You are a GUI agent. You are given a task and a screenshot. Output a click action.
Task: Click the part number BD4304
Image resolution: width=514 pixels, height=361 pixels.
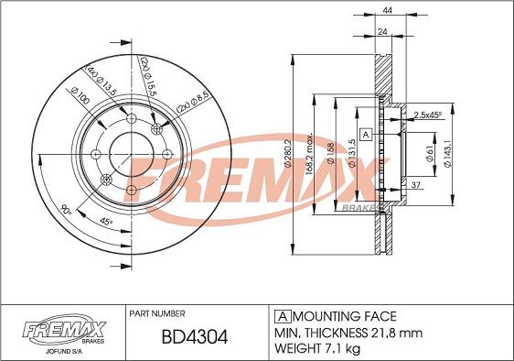click(x=195, y=337)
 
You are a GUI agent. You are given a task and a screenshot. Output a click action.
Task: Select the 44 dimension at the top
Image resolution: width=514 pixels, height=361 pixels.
click(x=388, y=10)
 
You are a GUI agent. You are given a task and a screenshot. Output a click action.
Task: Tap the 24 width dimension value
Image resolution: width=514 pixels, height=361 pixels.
click(x=382, y=31)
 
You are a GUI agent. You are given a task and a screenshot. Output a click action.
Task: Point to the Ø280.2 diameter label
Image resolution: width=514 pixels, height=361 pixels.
click(x=288, y=153)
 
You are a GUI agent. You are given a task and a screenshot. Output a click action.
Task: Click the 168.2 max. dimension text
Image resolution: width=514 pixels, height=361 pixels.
click(x=310, y=154)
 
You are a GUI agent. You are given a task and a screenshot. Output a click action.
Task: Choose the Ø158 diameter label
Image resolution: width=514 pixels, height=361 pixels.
click(x=330, y=153)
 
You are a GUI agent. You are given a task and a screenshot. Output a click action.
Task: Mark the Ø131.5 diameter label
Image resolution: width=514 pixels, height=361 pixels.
click(x=352, y=153)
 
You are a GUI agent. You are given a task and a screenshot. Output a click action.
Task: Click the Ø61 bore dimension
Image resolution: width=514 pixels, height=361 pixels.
click(x=430, y=154)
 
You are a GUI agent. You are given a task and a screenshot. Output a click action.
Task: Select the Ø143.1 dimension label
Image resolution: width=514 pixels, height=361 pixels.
click(x=447, y=153)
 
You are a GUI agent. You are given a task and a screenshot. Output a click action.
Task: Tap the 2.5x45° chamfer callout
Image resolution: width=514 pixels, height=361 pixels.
click(x=428, y=115)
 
